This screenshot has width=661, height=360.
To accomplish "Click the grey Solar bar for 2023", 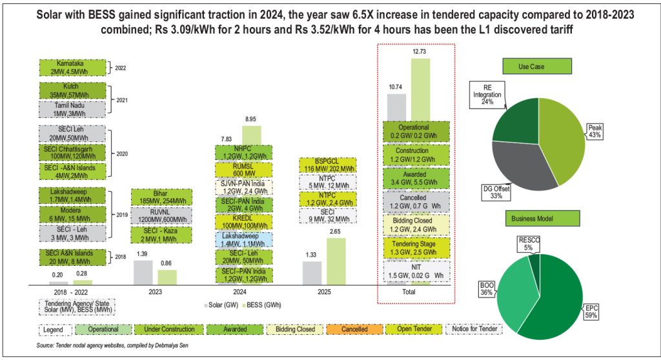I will coord(143,272).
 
